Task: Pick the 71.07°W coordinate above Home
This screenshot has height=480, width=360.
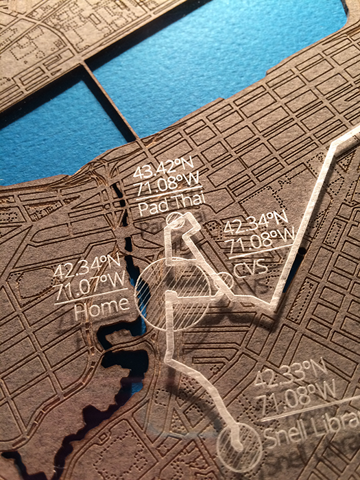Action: [89, 280]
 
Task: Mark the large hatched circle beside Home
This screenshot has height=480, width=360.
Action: [172, 297]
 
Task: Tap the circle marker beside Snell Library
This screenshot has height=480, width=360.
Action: [239, 446]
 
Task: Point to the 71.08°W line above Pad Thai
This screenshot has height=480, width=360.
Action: [162, 187]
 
